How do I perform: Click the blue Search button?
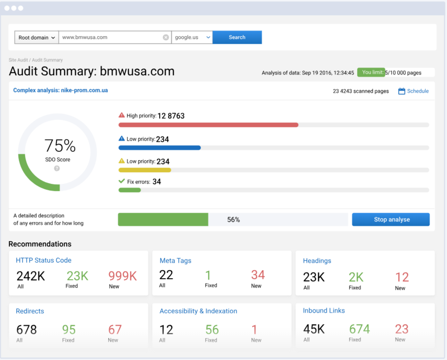tap(237, 38)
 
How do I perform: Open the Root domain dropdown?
tap(37, 38)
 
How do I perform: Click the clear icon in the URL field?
tap(166, 38)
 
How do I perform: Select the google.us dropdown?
tap(192, 38)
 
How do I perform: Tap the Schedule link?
tap(417, 91)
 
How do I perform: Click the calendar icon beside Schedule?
tap(401, 91)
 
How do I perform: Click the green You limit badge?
tap(371, 72)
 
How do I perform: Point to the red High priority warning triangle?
tap(122, 115)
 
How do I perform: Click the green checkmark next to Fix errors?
tap(122, 181)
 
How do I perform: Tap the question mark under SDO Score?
tap(57, 169)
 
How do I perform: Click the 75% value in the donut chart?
tap(60, 146)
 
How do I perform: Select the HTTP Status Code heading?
tap(43, 260)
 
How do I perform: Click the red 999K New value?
tap(122, 276)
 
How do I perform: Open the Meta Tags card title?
tap(175, 261)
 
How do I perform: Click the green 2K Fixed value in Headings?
tap(356, 277)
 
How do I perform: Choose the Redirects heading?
tap(30, 311)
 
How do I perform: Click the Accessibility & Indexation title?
tap(198, 311)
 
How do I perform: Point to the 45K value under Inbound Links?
tap(314, 329)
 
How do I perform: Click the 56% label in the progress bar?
tap(233, 220)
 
